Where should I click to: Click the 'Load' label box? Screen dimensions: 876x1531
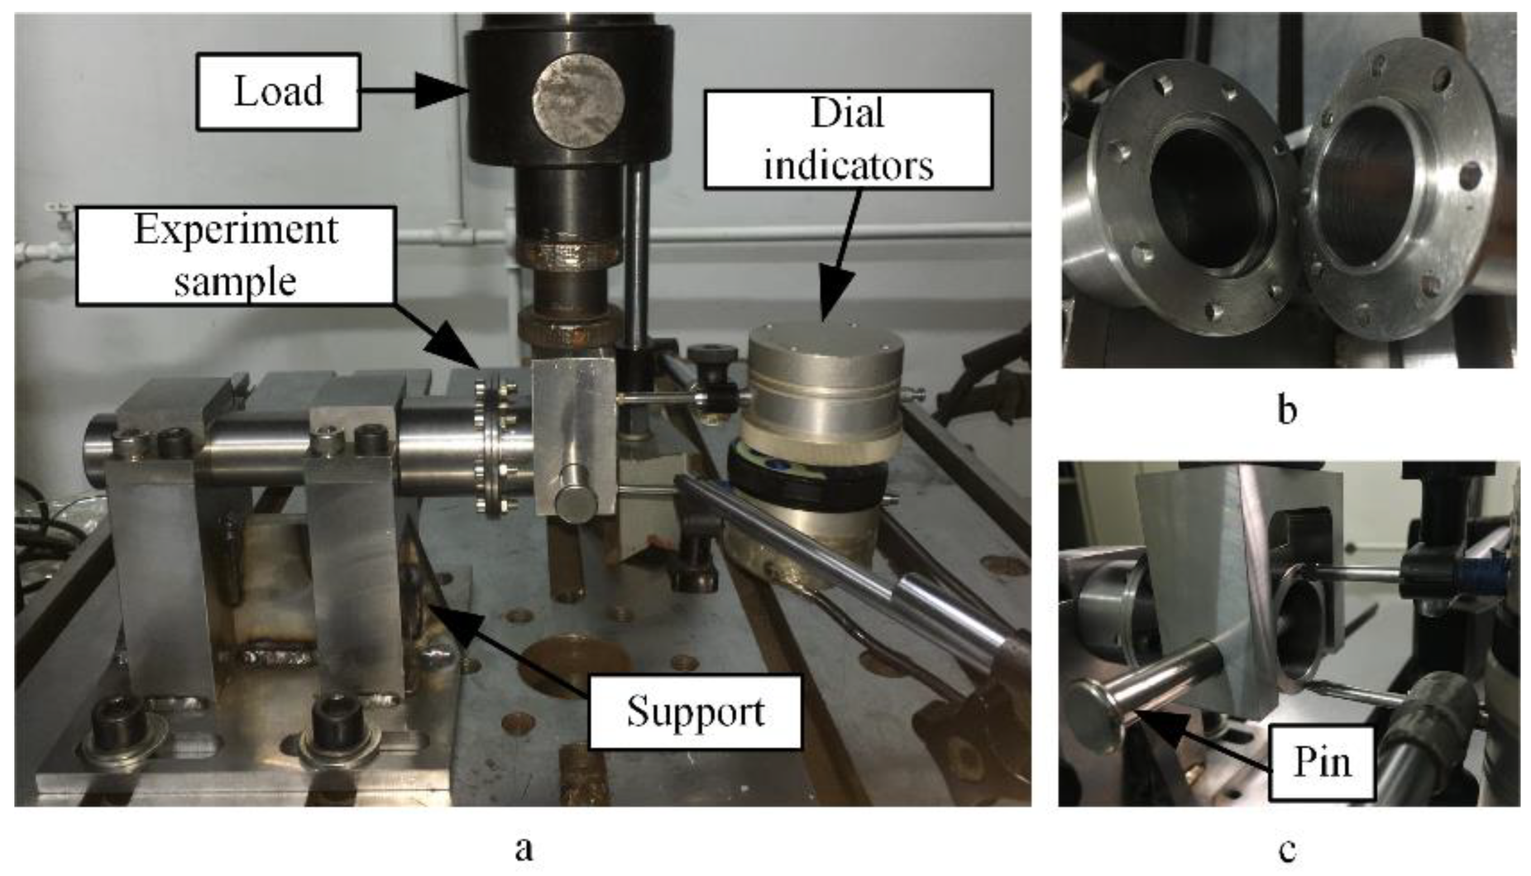tap(278, 91)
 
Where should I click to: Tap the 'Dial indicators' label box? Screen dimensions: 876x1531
tap(847, 139)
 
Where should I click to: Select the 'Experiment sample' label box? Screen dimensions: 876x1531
tap(235, 256)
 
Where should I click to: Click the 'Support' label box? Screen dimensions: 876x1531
tap(695, 712)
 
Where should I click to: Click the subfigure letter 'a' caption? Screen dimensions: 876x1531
tap(524, 849)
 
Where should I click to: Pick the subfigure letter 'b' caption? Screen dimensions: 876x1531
tap(1286, 411)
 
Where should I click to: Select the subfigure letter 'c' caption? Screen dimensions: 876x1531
tap(1287, 849)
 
